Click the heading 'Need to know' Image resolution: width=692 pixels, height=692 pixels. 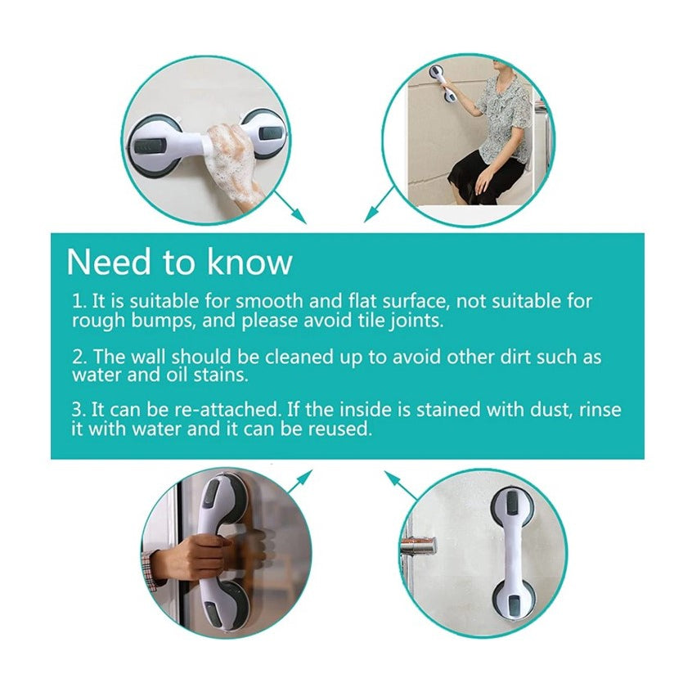[x=179, y=262]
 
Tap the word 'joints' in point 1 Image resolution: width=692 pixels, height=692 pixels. [x=415, y=321]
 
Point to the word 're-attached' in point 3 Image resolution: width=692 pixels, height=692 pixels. [x=216, y=410]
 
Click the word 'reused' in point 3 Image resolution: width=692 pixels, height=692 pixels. [x=343, y=429]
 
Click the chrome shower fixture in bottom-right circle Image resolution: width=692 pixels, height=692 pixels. [x=419, y=546]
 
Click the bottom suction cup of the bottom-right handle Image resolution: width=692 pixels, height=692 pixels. [x=511, y=603]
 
